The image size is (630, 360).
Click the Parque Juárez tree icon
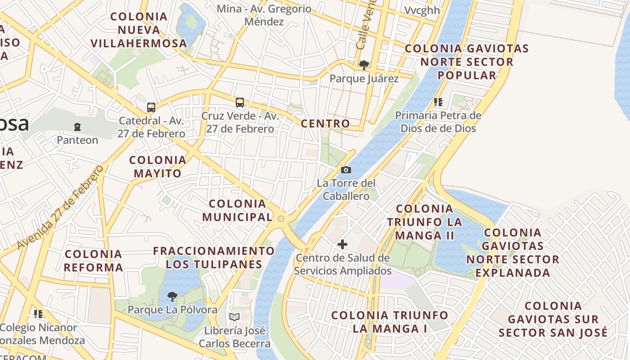[x=364, y=65]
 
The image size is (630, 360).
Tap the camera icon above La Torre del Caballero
[x=346, y=170]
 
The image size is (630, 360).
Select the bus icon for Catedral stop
[x=151, y=108]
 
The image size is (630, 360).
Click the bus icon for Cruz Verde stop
[x=240, y=103]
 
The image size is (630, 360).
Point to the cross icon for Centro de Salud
[x=342, y=244]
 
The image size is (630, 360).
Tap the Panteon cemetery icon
[x=77, y=127]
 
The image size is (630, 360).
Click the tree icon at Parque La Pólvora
[x=172, y=296]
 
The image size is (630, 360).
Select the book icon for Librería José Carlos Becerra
[x=234, y=317]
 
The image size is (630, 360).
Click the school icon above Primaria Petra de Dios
[x=438, y=102]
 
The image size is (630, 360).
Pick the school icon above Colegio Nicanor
[x=38, y=314]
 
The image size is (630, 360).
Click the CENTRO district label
[x=325, y=124]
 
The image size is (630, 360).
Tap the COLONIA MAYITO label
[x=157, y=166]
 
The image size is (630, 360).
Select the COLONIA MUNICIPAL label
[x=238, y=210]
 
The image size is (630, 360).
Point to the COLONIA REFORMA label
[x=93, y=261]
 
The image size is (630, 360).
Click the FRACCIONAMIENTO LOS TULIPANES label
[x=214, y=257]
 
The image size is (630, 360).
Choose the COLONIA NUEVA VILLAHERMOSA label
[x=139, y=30]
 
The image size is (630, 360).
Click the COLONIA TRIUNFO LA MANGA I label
[x=390, y=322]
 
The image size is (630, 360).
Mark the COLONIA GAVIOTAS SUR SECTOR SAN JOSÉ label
[x=553, y=319]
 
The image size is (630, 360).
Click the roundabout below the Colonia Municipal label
[x=281, y=219]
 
